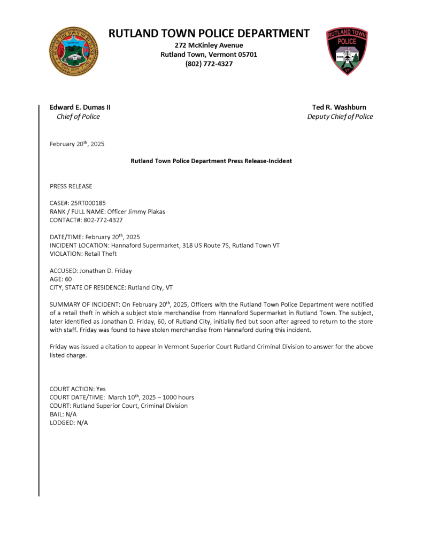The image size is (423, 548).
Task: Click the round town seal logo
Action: click(x=74, y=51)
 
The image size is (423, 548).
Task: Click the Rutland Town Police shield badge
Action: click(x=347, y=51)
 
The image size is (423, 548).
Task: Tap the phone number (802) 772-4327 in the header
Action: click(x=209, y=64)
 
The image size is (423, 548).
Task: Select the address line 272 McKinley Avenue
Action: click(x=209, y=45)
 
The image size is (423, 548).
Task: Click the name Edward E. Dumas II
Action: click(x=80, y=107)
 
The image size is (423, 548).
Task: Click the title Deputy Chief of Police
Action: click(x=340, y=117)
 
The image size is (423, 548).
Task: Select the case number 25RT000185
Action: click(x=88, y=203)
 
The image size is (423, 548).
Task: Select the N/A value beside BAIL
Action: click(x=71, y=414)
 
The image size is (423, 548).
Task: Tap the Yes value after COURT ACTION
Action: click(x=101, y=389)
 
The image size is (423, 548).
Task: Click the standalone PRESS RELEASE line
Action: click(x=71, y=186)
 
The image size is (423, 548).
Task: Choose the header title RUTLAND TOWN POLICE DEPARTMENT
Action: click(x=209, y=33)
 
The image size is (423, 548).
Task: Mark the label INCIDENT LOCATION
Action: click(x=79, y=245)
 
